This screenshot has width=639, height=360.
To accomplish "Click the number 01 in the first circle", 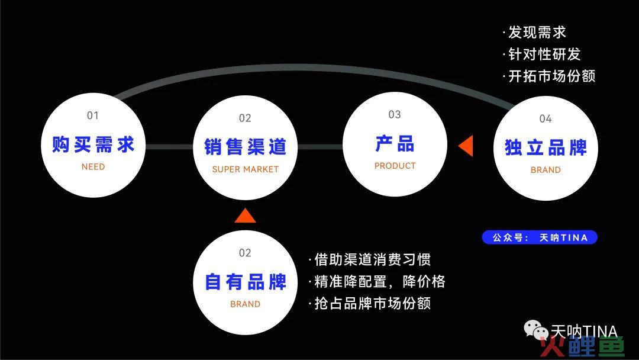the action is [x=93, y=116].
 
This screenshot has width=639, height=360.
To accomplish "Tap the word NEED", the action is [x=93, y=167].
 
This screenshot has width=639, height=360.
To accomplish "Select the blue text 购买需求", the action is [x=93, y=144].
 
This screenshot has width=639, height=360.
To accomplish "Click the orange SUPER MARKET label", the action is [x=246, y=169].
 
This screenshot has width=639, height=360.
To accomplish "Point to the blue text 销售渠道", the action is [x=246, y=147].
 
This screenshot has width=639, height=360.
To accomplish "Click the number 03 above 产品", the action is [x=395, y=114].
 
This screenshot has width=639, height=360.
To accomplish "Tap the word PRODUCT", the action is [x=395, y=166].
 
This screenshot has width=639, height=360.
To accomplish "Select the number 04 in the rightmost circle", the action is [x=546, y=118].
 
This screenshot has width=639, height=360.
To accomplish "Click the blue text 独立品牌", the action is [x=546, y=147].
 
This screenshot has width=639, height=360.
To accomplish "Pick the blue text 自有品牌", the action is [x=246, y=282].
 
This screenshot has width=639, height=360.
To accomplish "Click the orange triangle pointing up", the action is [x=246, y=216].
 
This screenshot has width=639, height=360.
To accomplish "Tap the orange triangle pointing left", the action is [x=466, y=146].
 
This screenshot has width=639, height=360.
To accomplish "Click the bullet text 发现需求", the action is [x=534, y=32].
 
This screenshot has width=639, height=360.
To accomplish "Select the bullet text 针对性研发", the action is [x=541, y=54].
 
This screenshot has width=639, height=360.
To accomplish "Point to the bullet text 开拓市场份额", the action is [x=549, y=76].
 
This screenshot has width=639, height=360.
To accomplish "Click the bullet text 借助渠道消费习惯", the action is [x=370, y=259].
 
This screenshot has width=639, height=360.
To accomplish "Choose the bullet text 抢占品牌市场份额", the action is [x=370, y=303].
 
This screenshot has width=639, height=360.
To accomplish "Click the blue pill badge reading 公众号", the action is [x=540, y=237].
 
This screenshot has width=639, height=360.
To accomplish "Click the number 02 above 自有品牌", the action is [x=245, y=253].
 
